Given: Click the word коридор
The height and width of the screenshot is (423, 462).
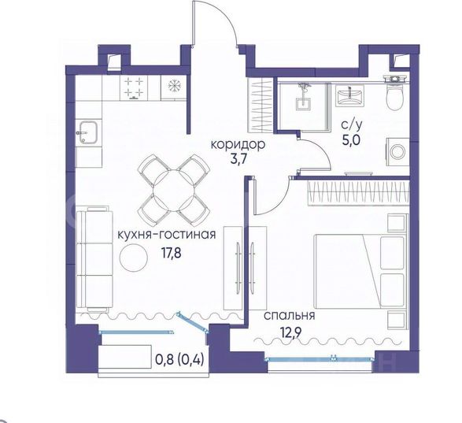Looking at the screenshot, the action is click(238, 145).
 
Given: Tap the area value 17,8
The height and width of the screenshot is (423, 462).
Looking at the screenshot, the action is click(171, 253).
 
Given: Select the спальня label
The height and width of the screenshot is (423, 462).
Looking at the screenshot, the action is click(289, 316).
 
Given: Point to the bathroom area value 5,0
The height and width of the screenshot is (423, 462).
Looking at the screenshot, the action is click(351, 140).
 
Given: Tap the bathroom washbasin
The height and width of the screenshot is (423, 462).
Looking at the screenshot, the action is click(349, 95).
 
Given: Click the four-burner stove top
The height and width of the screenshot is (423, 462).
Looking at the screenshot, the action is click(134, 88).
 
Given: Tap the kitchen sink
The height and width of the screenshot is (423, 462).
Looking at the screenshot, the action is click(88, 132).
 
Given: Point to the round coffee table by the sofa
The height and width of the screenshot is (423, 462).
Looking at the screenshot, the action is click(134, 258).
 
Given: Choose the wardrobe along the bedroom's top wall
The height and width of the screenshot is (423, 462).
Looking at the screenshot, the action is click(358, 193).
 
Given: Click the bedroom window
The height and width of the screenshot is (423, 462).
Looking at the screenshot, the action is click(320, 359).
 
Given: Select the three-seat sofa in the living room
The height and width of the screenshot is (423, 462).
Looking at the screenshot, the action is click(94, 258).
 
